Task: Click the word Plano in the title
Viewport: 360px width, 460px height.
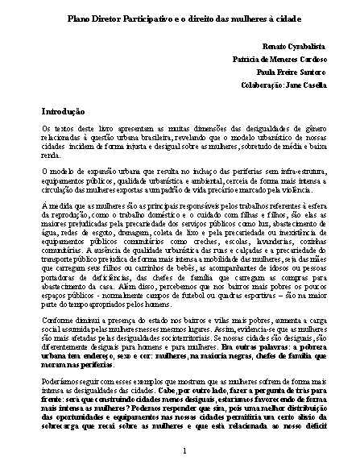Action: click(x=79, y=18)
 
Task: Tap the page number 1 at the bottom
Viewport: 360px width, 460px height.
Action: click(x=184, y=449)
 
